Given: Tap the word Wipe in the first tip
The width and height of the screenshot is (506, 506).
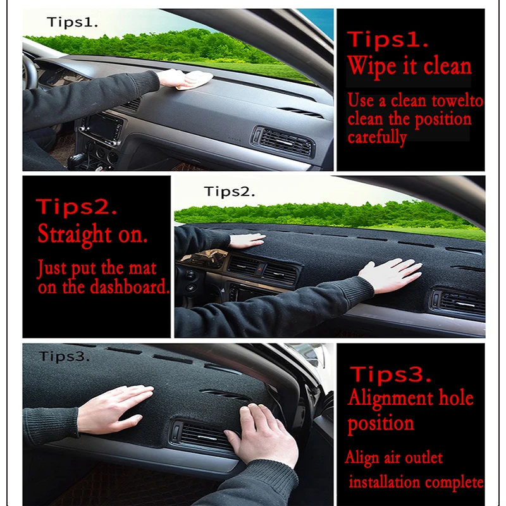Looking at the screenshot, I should pos(369,65).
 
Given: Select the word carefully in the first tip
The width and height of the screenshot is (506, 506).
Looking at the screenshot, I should pos(377,137).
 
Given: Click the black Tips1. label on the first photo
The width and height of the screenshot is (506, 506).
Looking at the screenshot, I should pos(72,22).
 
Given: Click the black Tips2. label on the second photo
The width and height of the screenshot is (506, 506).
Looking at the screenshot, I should pos(230,191).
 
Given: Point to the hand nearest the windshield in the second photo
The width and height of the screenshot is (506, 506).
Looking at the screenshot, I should pos(247,240).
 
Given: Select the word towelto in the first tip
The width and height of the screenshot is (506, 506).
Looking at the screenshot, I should pos(457,101).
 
